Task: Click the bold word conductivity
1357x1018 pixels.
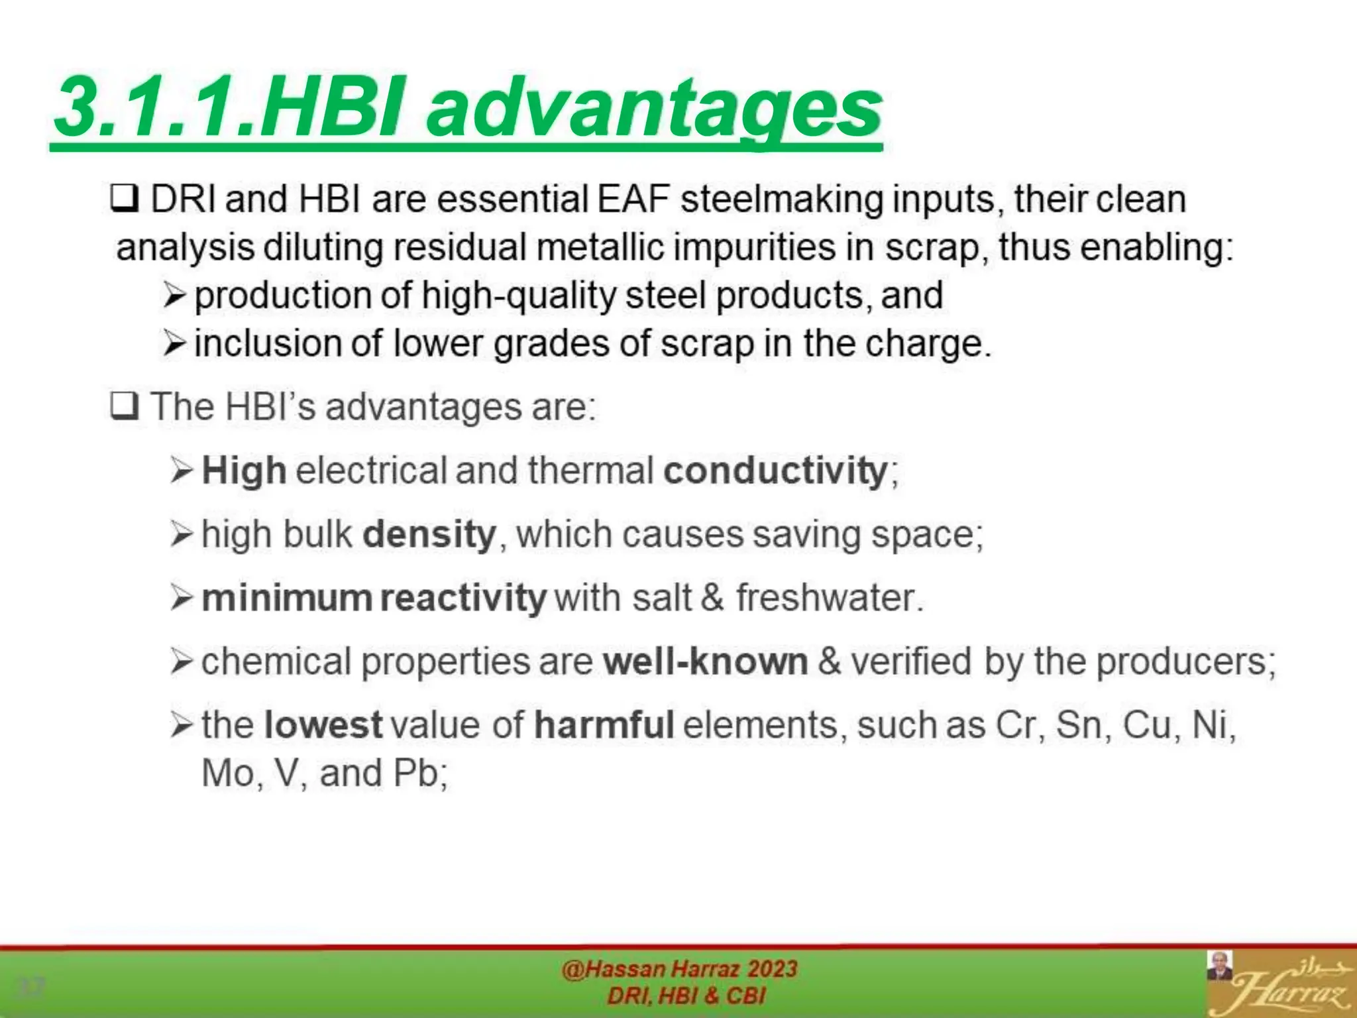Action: click(775, 471)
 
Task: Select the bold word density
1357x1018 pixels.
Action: click(429, 534)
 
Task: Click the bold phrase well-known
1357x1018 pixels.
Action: click(705, 661)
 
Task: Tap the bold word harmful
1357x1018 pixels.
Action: click(604, 724)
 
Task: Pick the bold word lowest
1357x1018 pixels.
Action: click(323, 724)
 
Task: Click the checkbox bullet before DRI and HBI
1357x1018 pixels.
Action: click(124, 199)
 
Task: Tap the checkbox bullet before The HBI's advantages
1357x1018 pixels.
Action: click(124, 406)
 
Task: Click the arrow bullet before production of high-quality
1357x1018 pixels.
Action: click(174, 295)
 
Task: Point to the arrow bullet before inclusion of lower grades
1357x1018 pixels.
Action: click(174, 343)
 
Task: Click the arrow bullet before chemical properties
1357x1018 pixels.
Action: click(181, 661)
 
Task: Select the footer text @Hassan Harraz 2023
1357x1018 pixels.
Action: click(679, 969)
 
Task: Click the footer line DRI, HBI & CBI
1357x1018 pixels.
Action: click(686, 995)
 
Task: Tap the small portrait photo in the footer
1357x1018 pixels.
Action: click(1219, 966)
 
